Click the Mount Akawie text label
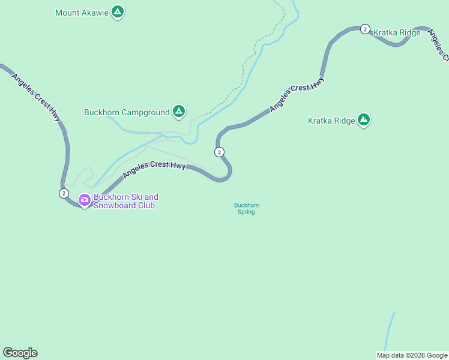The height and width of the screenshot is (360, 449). tap(82, 12)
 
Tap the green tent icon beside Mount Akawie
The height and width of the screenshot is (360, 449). tap(118, 12)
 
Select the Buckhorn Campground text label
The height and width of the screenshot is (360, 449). tap(126, 112)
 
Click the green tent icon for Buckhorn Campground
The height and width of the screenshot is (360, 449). tap(178, 111)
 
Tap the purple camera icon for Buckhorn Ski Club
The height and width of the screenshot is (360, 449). tap(84, 200)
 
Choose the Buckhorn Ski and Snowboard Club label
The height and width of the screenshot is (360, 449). tap(125, 201)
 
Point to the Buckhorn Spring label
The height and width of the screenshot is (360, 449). tap(246, 208)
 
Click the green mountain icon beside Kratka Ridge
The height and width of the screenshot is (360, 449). tap(363, 120)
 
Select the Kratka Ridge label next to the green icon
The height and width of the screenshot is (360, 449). tap(331, 121)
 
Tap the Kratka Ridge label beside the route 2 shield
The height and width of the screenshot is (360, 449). tap(397, 32)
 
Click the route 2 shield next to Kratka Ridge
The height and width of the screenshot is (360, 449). tap(364, 29)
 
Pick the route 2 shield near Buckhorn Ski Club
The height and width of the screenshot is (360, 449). tap(64, 193)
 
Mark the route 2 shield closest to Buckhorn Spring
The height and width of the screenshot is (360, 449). tap(220, 152)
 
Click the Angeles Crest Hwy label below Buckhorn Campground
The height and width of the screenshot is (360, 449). tap(154, 169)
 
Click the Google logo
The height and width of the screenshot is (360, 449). tap(20, 353)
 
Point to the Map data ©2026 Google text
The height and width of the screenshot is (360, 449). tap(412, 355)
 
